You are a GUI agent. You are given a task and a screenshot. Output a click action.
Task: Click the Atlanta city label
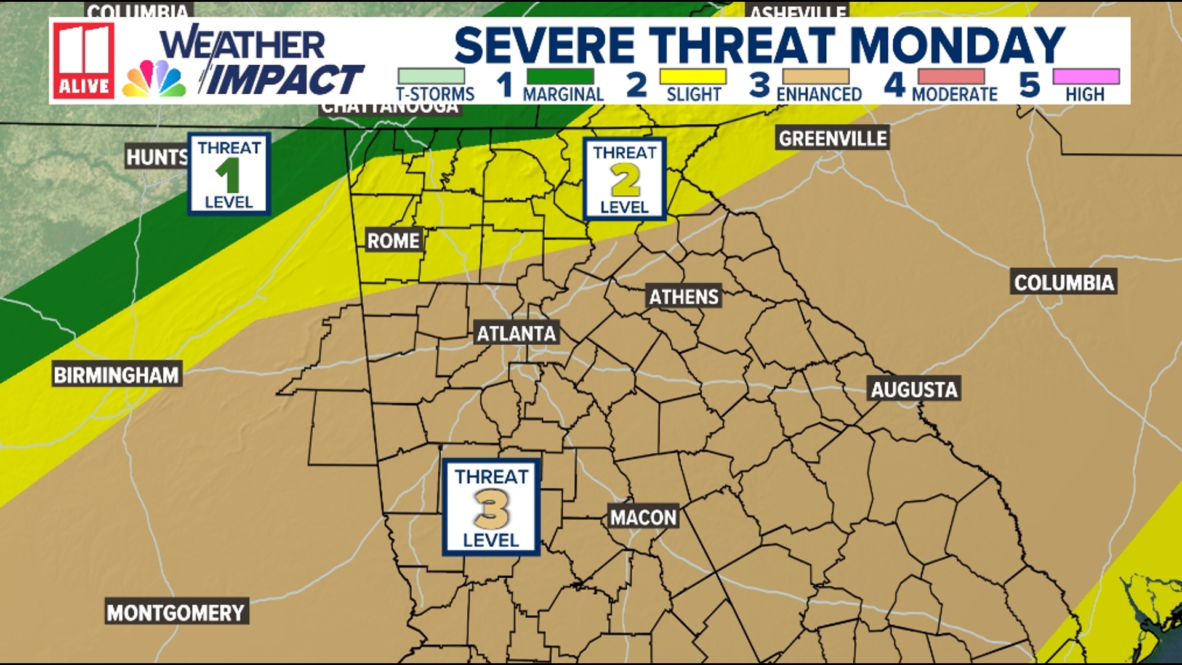coord(517,334)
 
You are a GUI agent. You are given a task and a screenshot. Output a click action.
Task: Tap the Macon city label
coord(643,517)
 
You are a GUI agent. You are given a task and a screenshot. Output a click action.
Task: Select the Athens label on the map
coord(684,297)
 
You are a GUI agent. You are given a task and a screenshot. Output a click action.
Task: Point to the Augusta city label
coord(914,389)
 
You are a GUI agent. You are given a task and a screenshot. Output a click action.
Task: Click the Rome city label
coord(393,240)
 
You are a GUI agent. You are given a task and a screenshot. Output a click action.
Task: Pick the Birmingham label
coord(116,375)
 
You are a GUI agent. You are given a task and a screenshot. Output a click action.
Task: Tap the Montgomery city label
coord(176,613)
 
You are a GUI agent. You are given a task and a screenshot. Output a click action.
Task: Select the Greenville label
coord(832,139)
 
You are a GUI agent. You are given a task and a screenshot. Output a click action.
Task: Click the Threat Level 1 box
coord(229,174)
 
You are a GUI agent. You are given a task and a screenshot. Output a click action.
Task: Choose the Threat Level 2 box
coord(624,179)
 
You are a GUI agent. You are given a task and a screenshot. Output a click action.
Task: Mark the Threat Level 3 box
coord(491,507)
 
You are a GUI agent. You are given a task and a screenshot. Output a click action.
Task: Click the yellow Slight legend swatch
coord(693,77)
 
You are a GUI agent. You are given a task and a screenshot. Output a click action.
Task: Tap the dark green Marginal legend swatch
coord(560,77)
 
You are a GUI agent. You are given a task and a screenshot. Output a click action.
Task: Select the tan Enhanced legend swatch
coord(816,77)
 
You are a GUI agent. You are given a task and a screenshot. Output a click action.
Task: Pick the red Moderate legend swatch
coord(951,77)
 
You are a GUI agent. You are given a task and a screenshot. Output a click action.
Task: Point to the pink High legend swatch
coord(1086,77)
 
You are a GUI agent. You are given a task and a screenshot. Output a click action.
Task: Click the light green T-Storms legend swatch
coord(431,77)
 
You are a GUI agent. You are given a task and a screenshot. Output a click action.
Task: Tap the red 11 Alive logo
coord(84,60)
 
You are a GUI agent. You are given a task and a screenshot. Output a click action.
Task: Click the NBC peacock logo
coord(154,79)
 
